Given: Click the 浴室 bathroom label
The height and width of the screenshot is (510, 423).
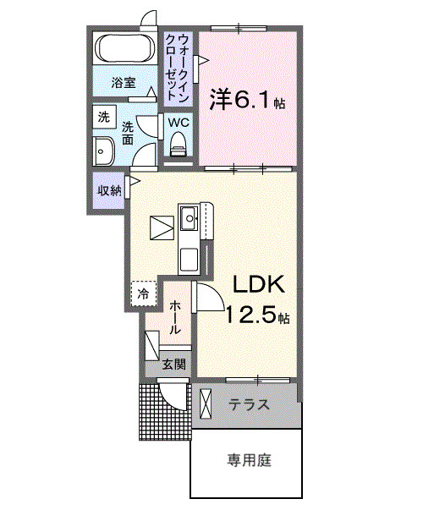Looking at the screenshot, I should (x=124, y=83).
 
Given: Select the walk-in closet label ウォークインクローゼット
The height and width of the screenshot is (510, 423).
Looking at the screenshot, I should (x=183, y=64).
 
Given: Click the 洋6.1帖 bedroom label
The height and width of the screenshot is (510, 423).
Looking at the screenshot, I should (x=246, y=101).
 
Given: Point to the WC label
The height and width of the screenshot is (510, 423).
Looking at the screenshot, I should (x=178, y=122).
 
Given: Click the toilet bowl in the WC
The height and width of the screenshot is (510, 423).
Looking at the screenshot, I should (x=178, y=147).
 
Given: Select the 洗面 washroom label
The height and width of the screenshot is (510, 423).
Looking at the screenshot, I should (x=129, y=133).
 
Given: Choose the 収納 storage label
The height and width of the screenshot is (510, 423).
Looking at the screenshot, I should (x=107, y=189).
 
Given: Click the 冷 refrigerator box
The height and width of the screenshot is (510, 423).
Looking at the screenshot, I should (x=143, y=293).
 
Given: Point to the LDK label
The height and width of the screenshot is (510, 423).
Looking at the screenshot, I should (x=257, y=284).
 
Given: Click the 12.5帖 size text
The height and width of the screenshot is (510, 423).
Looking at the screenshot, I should (x=257, y=317).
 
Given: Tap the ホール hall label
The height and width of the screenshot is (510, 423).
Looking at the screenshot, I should (x=175, y=318).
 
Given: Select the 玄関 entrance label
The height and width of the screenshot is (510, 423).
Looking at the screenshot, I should (x=173, y=365).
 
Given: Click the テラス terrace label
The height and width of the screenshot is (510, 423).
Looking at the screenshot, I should (x=250, y=405).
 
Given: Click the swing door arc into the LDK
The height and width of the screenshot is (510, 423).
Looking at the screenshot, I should (x=211, y=297).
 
